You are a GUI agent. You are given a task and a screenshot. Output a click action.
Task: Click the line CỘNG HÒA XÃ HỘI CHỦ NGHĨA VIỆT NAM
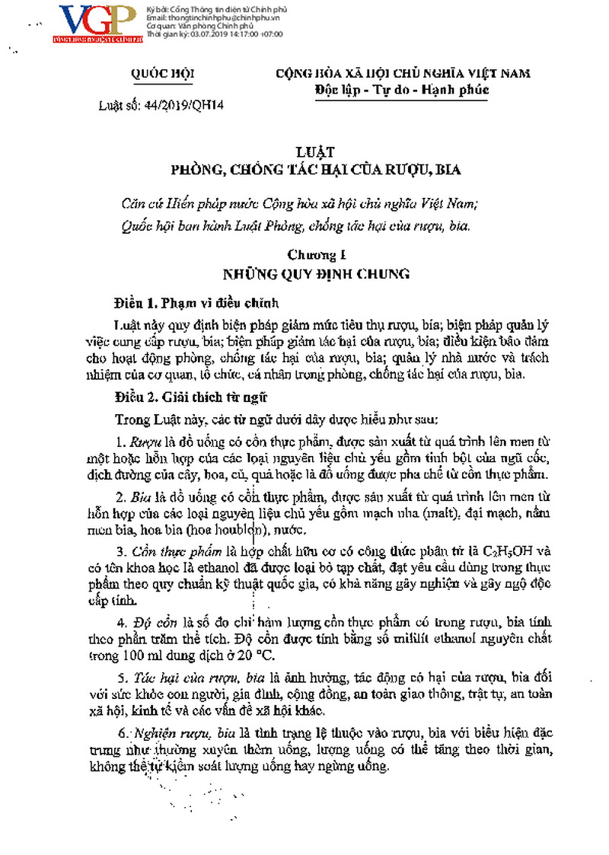403,73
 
